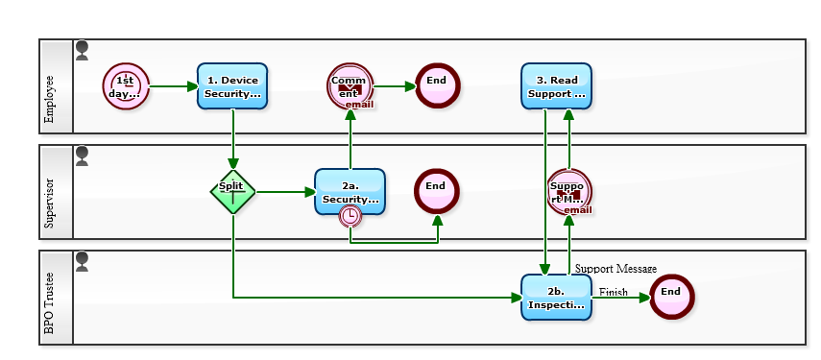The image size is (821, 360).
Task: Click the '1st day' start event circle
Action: tap(126, 86)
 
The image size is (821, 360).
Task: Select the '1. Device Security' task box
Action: tap(232, 86)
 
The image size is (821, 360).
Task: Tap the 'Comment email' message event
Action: tap(350, 86)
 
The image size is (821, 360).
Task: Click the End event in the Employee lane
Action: tap(437, 85)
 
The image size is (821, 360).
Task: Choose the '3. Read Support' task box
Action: tap(556, 86)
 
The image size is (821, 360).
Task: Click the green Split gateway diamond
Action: tap(232, 191)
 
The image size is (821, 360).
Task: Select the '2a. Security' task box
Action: tap(350, 192)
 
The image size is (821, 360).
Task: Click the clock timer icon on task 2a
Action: tap(350, 216)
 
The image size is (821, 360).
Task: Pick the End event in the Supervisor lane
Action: tap(436, 191)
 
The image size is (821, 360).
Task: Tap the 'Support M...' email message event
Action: tap(568, 192)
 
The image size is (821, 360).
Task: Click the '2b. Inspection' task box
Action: tap(556, 298)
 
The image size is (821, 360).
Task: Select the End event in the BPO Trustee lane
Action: tap(671, 297)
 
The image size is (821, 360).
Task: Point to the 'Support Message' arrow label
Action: tap(616, 269)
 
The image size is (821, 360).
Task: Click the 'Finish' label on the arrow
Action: tap(613, 292)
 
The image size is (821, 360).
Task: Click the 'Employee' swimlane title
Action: tap(50, 101)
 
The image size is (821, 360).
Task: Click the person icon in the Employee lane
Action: tap(82, 50)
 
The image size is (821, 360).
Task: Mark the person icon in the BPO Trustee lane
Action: tap(82, 261)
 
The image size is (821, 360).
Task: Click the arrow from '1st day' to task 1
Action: tap(173, 86)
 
